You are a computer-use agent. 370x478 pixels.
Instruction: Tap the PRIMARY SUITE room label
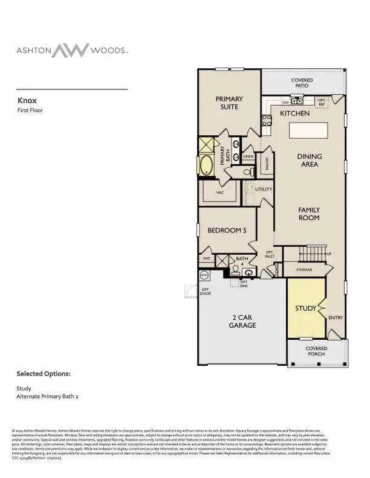click(230, 103)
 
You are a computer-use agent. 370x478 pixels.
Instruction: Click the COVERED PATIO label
click(302, 83)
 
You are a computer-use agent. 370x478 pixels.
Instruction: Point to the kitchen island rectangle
click(308, 131)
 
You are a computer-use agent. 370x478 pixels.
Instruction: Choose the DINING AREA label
click(310, 160)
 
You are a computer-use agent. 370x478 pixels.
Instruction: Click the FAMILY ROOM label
click(308, 214)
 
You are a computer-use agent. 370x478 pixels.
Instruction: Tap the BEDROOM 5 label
click(227, 230)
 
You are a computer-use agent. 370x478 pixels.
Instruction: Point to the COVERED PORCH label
click(316, 351)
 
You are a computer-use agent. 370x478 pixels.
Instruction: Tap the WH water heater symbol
click(204, 275)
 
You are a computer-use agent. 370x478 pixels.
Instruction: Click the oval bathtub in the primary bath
click(207, 164)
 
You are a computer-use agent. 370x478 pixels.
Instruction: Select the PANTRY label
click(267, 164)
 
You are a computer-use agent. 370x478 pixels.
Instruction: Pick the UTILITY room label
click(264, 190)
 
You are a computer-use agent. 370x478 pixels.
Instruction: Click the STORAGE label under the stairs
click(304, 270)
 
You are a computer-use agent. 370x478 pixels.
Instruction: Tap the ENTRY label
click(336, 317)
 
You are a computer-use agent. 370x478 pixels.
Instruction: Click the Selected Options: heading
click(44, 374)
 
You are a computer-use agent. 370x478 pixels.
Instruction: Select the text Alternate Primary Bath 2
click(47, 397)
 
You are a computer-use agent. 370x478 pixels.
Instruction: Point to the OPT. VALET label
click(270, 254)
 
